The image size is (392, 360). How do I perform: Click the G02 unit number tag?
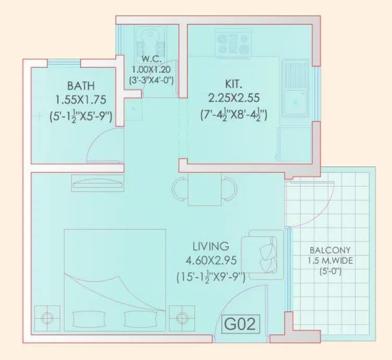pos(240,325)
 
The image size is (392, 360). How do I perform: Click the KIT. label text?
pos(234,83)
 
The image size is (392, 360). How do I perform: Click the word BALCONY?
pos(329,250)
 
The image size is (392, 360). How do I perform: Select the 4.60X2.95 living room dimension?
pos(211,261)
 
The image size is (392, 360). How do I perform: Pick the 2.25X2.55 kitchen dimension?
pos(234,98)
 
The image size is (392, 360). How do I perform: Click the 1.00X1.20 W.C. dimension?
pos(151,69)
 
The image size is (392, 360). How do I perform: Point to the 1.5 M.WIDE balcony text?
pos(329,260)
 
